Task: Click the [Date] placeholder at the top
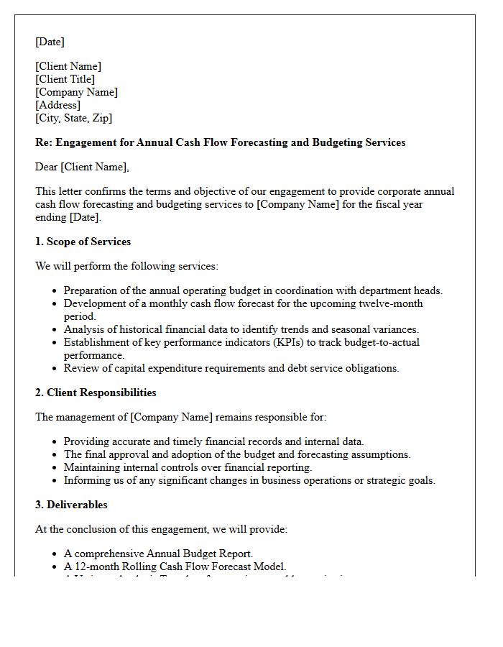coord(50,42)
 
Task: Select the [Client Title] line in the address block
coord(65,79)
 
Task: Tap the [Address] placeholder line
coord(57,105)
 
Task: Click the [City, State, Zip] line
coord(73,118)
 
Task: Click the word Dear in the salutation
coord(46,167)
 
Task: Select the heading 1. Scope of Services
coord(83,242)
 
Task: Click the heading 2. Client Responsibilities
coord(96,393)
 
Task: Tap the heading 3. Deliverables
coord(72,505)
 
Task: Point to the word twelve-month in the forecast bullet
coord(389,303)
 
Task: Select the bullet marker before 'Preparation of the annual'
coord(55,291)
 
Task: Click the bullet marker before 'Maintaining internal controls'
coord(55,468)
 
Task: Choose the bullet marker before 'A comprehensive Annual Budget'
coord(55,554)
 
